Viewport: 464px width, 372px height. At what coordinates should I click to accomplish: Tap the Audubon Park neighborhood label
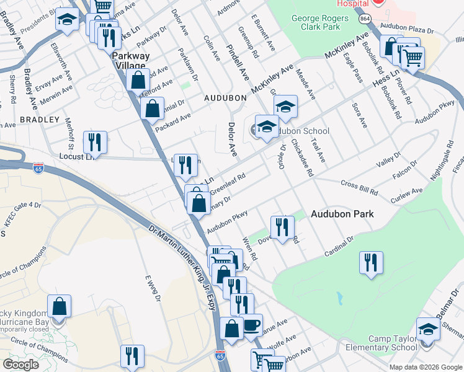[342, 214]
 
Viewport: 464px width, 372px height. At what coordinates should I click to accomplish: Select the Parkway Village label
[130, 60]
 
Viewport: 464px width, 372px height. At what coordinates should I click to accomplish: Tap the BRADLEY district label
[39, 119]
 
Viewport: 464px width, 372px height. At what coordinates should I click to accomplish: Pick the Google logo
[20, 365]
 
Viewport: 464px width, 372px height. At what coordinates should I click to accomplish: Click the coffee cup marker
[251, 324]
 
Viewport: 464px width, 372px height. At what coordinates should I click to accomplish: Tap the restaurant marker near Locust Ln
[95, 142]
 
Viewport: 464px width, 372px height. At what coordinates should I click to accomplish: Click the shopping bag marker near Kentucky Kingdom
[60, 306]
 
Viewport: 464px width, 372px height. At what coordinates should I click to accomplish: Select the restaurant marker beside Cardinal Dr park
[371, 262]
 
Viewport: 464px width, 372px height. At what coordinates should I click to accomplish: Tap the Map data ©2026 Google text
[426, 366]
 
